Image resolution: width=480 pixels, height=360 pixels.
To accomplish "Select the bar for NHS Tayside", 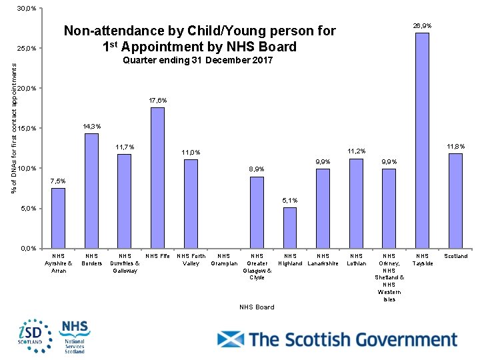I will pos(422,140).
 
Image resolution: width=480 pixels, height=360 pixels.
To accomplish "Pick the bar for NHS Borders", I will pos(91,191).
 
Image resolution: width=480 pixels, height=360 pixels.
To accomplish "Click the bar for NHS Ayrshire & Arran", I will pos(59,218).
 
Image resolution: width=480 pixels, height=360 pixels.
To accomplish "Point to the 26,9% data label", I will pos(422,25).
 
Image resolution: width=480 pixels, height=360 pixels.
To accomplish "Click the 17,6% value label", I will pos(157,101).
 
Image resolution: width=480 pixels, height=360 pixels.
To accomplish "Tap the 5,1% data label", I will pos(290,200).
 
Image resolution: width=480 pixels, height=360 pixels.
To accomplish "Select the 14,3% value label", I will pos(92,127).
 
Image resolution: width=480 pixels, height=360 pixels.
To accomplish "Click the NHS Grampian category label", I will pos(223,259).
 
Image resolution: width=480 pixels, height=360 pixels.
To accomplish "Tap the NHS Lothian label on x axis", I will pos(356,259).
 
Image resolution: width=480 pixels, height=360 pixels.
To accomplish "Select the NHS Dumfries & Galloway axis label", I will pos(125,263).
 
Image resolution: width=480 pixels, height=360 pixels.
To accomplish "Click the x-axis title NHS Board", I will pos(257,307).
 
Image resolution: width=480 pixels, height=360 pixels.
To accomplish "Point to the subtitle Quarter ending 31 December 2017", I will pos(198,61).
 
